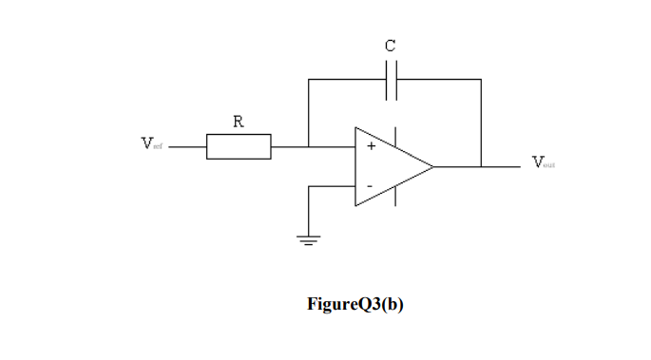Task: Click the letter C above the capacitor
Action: click(391, 45)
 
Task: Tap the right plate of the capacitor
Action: click(396, 80)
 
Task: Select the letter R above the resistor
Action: click(238, 122)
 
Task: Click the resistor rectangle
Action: click(239, 146)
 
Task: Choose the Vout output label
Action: click(543, 162)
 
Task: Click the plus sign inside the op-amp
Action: click(372, 147)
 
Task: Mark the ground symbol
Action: click(309, 238)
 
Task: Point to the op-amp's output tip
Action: click(433, 166)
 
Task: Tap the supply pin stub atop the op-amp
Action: click(394, 136)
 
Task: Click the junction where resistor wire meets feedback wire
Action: click(309, 146)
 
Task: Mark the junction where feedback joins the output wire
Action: click(481, 166)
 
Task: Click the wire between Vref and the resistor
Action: click(188, 146)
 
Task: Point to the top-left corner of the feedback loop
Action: click(309, 80)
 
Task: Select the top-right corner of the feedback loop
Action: click(481, 80)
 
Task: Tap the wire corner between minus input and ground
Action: click(309, 186)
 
